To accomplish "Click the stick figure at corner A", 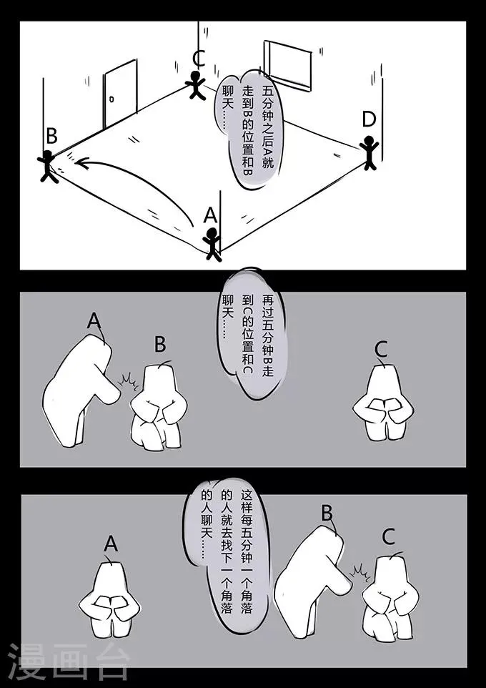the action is pos(212,244).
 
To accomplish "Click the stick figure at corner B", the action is pos(48,166).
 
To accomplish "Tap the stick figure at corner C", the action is pos(196,85).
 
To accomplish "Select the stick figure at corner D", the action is pos(370,152).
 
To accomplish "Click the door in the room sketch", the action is pos(120,94).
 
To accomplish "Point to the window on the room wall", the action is pos(288,65).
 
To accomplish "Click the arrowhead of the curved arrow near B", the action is pos(81,163).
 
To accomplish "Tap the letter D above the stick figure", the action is pos(369,120).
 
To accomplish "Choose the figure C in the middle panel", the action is pos(383,403).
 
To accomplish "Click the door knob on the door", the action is pos(111,99).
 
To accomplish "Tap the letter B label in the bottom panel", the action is pos(327,513).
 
